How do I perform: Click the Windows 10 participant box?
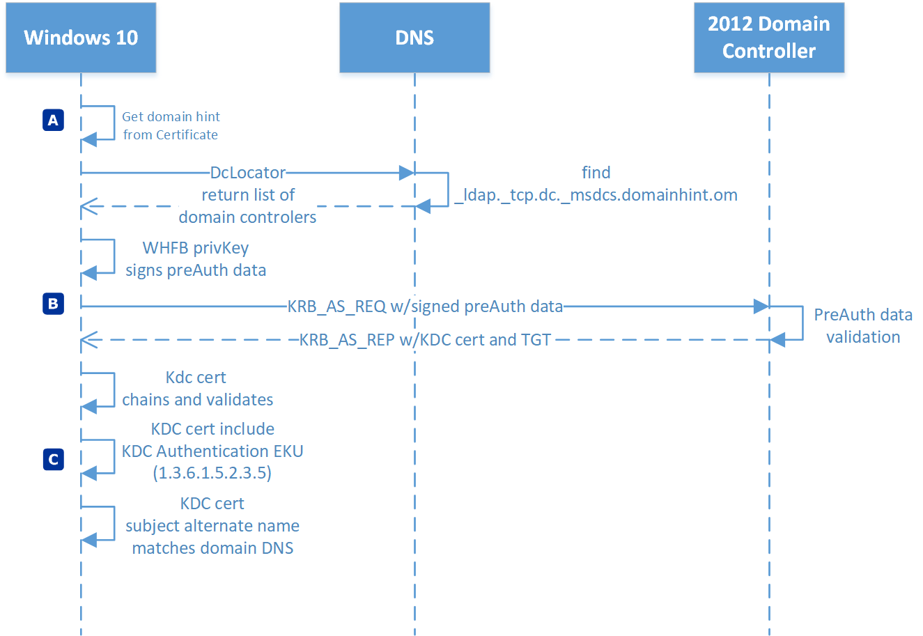click(x=81, y=38)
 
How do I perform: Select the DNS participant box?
click(x=414, y=38)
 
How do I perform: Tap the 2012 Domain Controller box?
click(x=769, y=38)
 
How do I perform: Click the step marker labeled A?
click(x=53, y=121)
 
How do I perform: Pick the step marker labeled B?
click(x=53, y=304)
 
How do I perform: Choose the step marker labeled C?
click(x=53, y=459)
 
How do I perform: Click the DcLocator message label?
click(x=248, y=172)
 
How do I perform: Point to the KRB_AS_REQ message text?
click(x=425, y=306)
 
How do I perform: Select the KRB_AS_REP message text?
click(x=425, y=340)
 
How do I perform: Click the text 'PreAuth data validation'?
click(x=863, y=326)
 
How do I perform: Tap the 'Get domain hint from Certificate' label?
click(x=171, y=125)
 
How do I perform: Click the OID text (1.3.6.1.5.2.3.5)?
click(x=212, y=474)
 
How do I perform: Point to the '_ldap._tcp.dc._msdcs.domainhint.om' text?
click(x=596, y=195)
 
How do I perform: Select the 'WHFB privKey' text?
click(x=196, y=248)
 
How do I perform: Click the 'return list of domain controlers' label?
click(x=247, y=206)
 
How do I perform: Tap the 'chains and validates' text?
click(x=198, y=400)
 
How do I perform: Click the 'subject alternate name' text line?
click(x=212, y=526)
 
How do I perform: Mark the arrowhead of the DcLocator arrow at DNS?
click(x=407, y=173)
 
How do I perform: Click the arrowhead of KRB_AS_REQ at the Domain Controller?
click(x=761, y=306)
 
